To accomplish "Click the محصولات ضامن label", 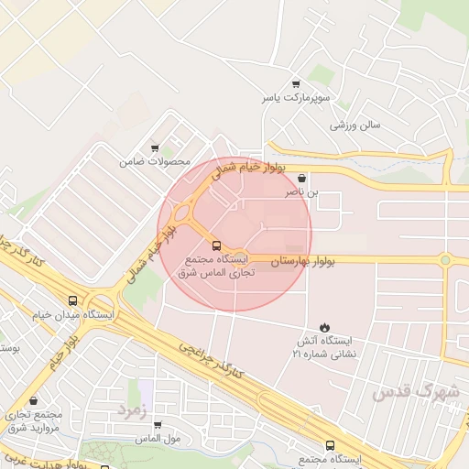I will pyautogui.click(x=154, y=162).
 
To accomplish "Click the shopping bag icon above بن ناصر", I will pyautogui.click(x=302, y=179).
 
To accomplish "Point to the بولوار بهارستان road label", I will pyautogui.click(x=302, y=262).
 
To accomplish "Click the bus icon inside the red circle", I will pyautogui.click(x=217, y=245).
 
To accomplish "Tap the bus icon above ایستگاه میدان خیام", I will pyautogui.click(x=72, y=300).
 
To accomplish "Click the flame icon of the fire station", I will pyautogui.click(x=324, y=327).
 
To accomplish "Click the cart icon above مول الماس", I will pyautogui.click(x=158, y=425).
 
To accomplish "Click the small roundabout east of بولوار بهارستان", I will pyautogui.click(x=445, y=260).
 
